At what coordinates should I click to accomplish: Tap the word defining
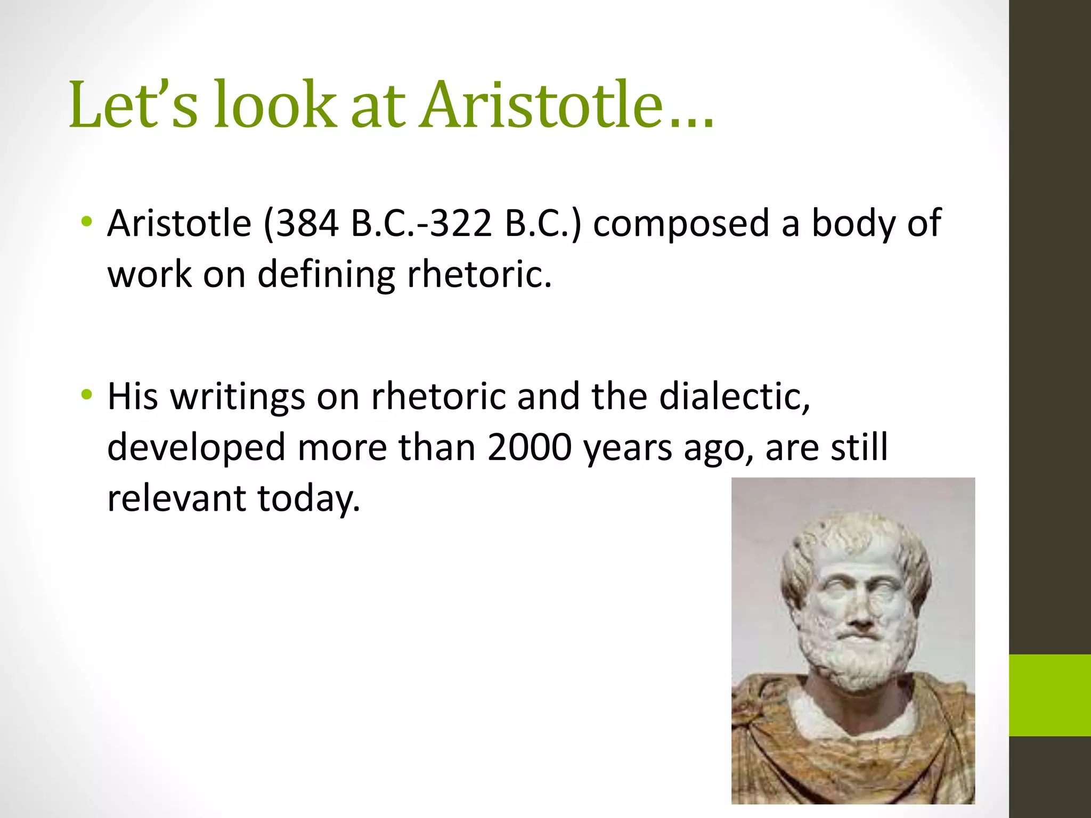pyautogui.click(x=326, y=275)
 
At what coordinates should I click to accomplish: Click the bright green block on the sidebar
pyautogui.click(x=1049, y=695)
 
